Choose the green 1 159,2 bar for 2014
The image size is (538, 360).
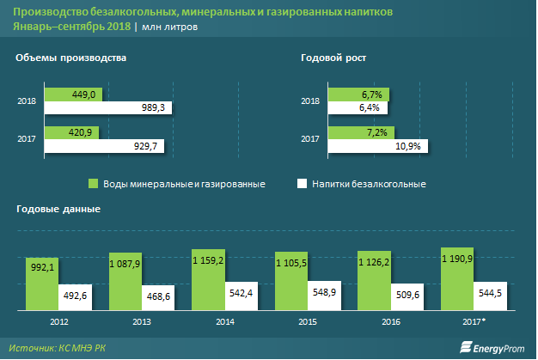[208, 279]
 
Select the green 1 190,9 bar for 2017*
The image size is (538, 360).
[457, 278]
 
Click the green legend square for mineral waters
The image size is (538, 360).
[95, 184]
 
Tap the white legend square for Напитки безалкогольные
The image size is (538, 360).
[302, 184]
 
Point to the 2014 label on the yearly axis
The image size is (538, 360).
[224, 321]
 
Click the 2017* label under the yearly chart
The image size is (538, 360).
[475, 321]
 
